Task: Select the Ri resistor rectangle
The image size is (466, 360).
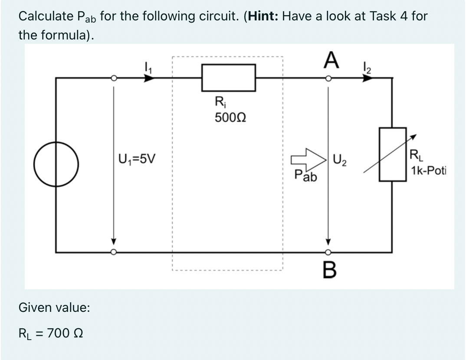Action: click(229, 78)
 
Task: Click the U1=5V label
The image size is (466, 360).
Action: click(136, 159)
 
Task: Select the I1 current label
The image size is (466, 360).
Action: click(146, 67)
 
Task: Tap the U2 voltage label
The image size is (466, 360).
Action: click(339, 159)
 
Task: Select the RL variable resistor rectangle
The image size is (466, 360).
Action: click(393, 154)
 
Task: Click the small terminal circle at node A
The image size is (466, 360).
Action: click(328, 79)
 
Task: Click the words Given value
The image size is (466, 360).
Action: click(54, 308)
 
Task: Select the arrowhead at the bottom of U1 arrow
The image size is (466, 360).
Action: click(113, 241)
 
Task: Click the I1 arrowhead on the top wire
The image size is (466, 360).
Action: click(149, 79)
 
